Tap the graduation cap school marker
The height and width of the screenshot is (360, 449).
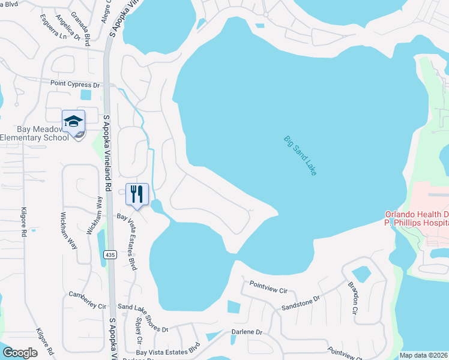click(x=73, y=122)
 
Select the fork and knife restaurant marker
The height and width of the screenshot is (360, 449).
click(x=137, y=194)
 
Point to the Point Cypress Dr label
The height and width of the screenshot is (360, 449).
click(x=75, y=85)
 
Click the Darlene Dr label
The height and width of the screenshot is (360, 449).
click(x=247, y=332)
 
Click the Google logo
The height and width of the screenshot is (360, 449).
click(x=20, y=352)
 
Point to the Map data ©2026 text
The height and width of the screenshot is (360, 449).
click(x=423, y=355)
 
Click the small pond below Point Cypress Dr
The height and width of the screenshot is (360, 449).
click(x=86, y=95)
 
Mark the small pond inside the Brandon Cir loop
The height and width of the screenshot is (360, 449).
click(x=361, y=274)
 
